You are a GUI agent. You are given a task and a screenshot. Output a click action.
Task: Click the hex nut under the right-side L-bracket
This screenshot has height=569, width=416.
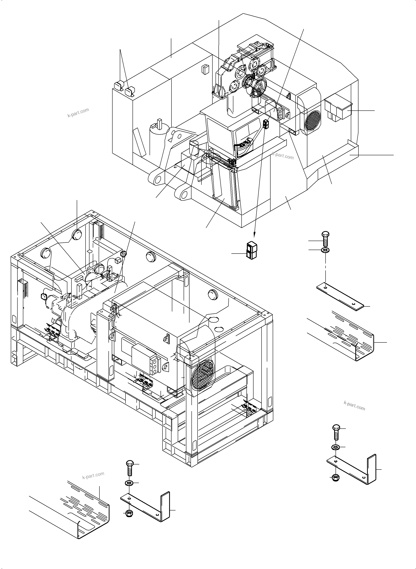[335, 477]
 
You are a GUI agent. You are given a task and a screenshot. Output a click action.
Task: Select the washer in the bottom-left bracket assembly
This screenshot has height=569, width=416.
[129, 483]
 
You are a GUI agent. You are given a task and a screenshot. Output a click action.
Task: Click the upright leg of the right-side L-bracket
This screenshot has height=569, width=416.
[372, 469]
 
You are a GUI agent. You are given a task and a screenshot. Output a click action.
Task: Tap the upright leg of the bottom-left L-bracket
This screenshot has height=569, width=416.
[165, 506]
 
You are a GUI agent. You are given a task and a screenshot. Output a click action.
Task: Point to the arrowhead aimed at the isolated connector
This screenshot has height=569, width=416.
[254, 235]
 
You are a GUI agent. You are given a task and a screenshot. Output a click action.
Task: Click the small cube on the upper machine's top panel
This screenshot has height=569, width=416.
[205, 69]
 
